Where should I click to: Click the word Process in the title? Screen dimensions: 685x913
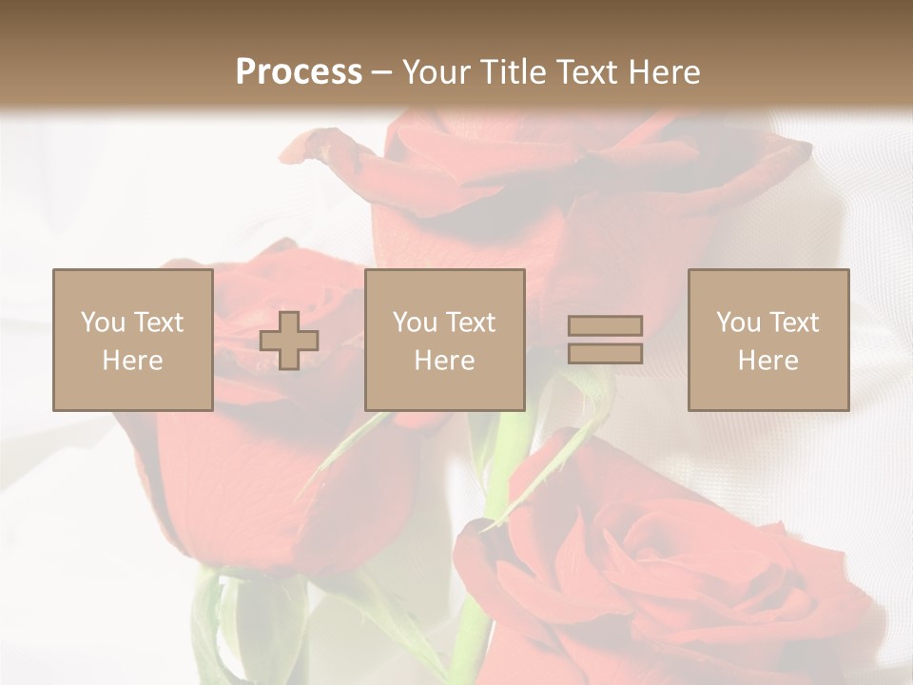pos(299,71)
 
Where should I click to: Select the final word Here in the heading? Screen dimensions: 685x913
pos(665,71)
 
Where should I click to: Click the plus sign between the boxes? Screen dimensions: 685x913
pos(289,341)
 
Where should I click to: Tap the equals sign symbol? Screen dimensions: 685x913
pos(605,340)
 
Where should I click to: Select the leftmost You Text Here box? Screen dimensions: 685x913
pos(132,340)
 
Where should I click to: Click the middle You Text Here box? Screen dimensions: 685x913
pos(444,340)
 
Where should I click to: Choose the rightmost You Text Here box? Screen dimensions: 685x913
pos(767,340)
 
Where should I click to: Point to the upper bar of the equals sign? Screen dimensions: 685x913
pos(605,326)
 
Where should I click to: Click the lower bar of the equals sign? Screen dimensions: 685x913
pos(605,353)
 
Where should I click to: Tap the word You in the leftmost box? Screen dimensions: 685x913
pos(102,323)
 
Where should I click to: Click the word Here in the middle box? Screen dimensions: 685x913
pos(444,361)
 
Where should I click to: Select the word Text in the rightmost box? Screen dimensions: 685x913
pos(793,323)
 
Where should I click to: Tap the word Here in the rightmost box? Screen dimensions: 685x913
pos(767,361)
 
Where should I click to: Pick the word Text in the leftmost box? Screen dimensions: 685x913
pos(158,323)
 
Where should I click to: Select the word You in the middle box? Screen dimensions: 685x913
pos(414,323)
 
